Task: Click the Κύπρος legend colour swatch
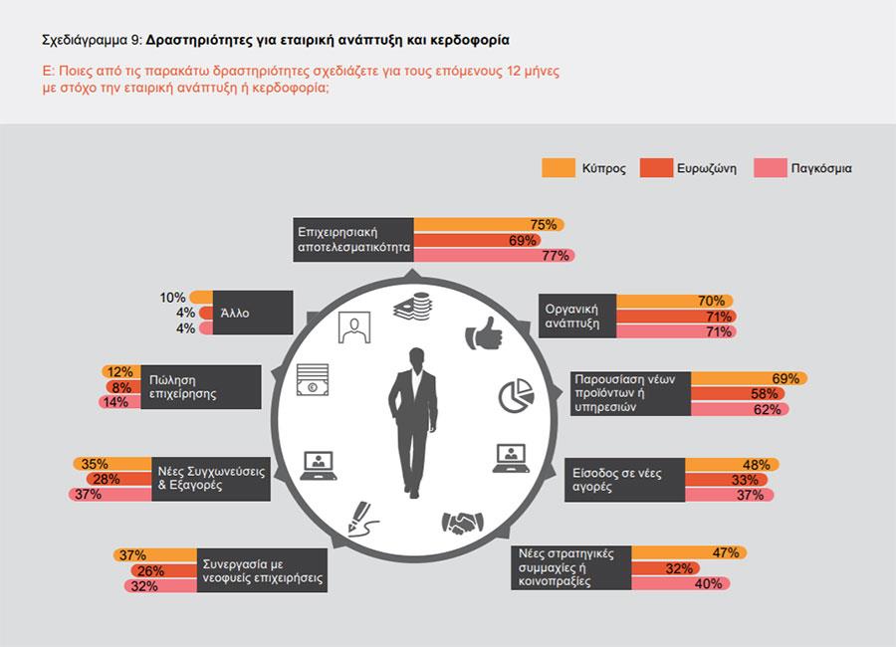tap(560, 168)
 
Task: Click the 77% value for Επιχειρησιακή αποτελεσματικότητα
tap(556, 256)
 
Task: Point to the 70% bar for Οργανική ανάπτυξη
tap(675, 301)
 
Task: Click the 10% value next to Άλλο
tap(172, 298)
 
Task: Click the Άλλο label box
tap(245, 313)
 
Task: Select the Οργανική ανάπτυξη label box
tap(577, 317)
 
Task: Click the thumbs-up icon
tap(485, 334)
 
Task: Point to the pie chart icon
tap(516, 395)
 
